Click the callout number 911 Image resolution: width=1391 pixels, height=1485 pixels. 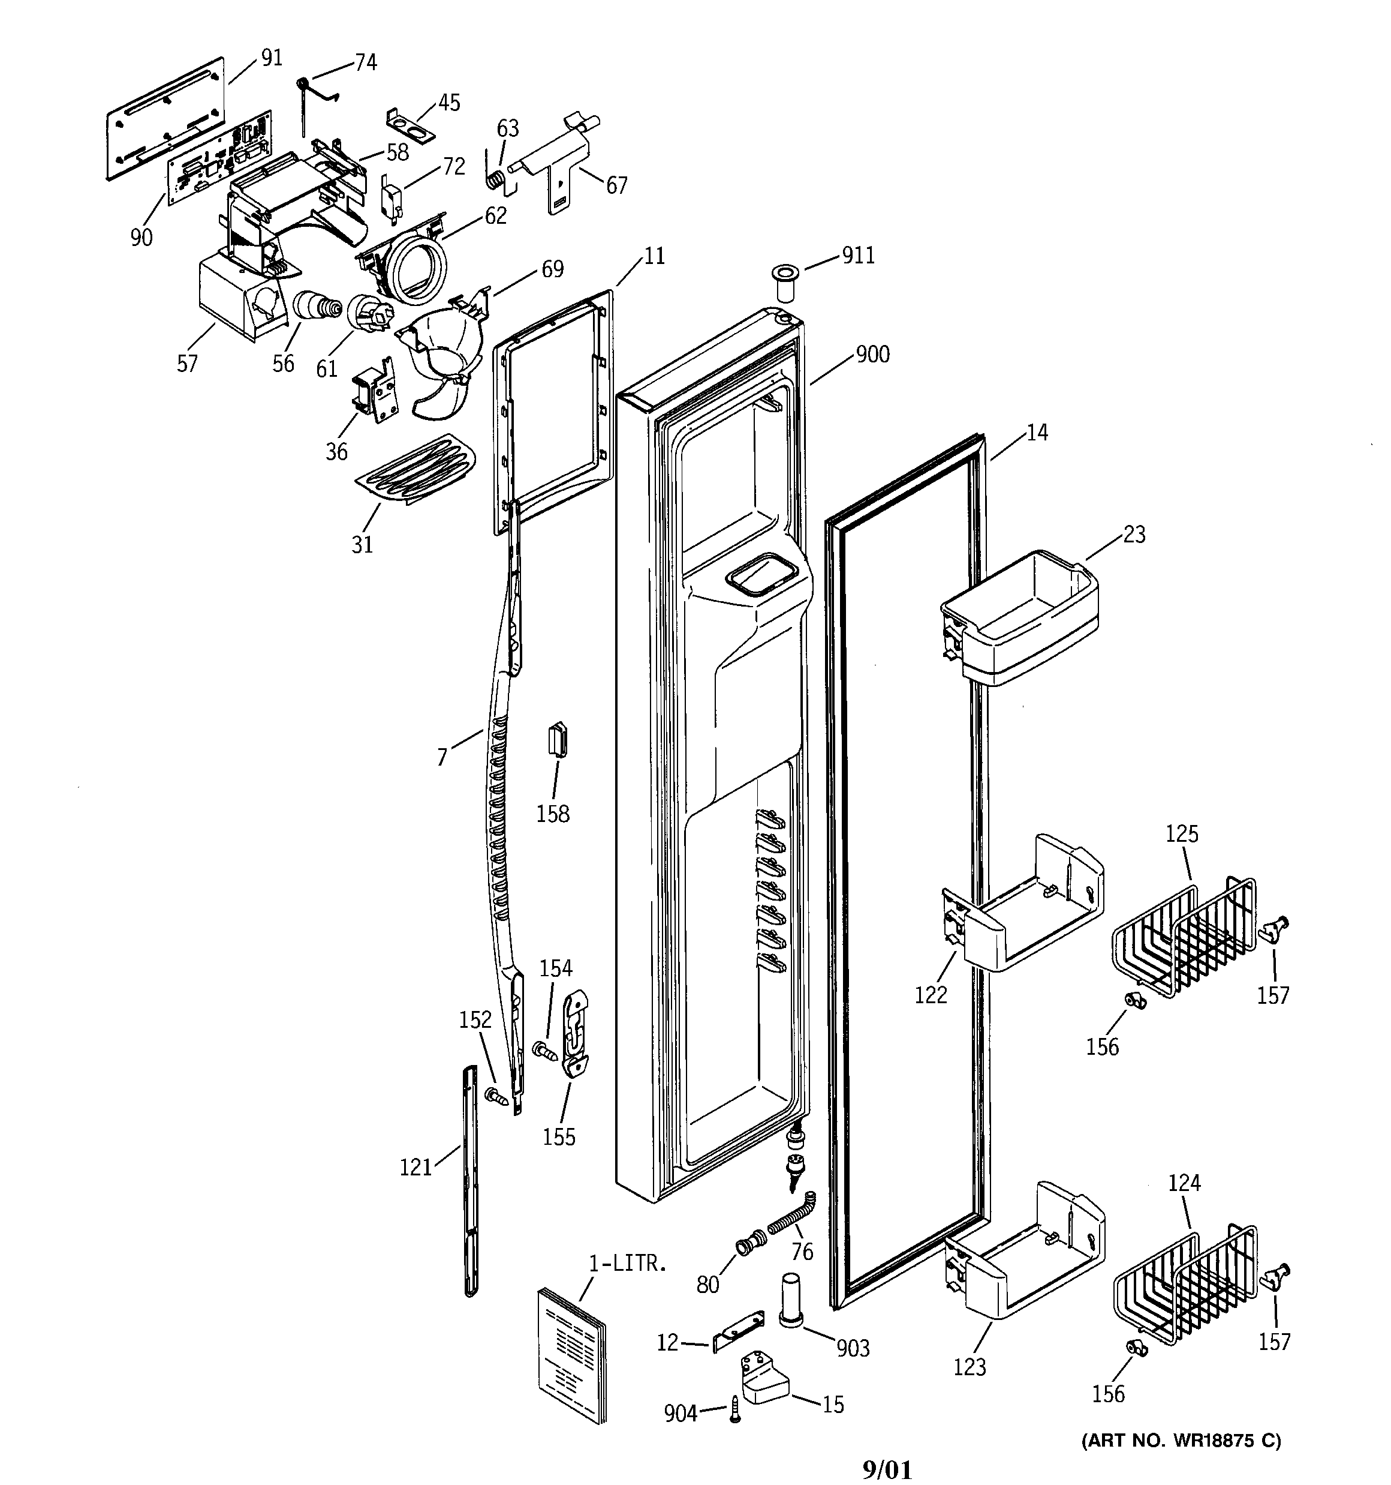click(858, 256)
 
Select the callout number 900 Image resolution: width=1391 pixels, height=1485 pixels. click(872, 354)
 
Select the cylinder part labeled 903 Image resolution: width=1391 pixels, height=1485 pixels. click(790, 1300)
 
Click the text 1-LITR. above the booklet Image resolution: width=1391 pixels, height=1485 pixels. click(627, 1264)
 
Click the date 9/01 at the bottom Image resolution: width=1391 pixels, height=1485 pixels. click(886, 1471)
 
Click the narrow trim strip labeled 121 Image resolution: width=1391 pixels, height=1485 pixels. click(469, 1180)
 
